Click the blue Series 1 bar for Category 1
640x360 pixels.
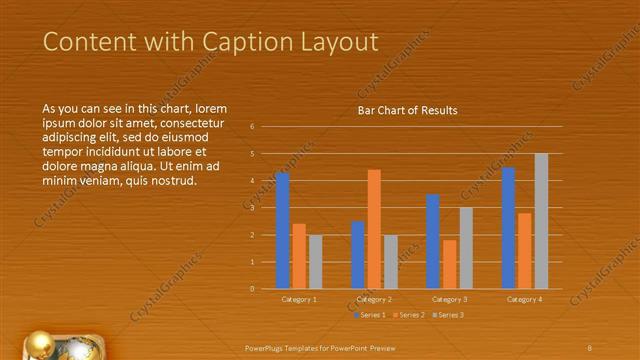282,230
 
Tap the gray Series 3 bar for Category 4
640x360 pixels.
541,221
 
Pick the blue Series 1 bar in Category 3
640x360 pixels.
433,241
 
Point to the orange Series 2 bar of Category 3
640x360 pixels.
450,264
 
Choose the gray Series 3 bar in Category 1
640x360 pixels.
315,261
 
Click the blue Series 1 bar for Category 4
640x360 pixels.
508,228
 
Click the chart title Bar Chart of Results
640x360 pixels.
407,111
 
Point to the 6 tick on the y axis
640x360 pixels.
253,127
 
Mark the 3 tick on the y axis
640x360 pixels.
253,208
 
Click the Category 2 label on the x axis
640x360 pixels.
373,299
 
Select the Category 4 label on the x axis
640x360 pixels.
524,299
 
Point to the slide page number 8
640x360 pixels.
590,347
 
